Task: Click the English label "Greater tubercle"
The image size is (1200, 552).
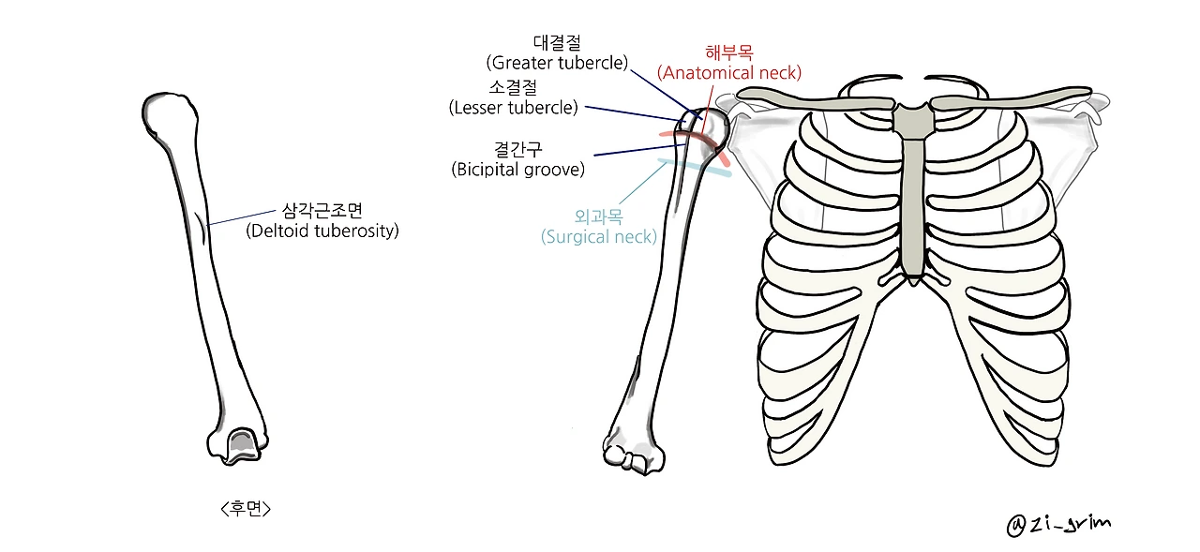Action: [557, 63]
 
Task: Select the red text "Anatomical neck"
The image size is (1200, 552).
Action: [729, 72]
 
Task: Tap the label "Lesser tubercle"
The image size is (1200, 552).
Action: [513, 108]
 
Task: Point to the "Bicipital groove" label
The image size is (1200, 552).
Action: [517, 170]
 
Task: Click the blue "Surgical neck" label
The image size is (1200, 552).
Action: [598, 236]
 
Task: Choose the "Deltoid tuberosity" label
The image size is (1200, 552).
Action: [322, 231]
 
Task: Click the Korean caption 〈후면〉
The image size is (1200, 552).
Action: [246, 509]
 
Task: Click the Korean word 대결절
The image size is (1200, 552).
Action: [557, 42]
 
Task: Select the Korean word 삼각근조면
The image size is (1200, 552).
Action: [322, 210]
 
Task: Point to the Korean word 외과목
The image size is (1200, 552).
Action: [598, 216]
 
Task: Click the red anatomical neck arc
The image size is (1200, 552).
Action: [692, 136]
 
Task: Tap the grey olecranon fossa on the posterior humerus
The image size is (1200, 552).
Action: [242, 440]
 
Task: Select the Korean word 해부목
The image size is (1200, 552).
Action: [729, 52]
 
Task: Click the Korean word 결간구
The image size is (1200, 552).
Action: [517, 149]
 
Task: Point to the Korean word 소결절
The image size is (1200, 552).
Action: [513, 87]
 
